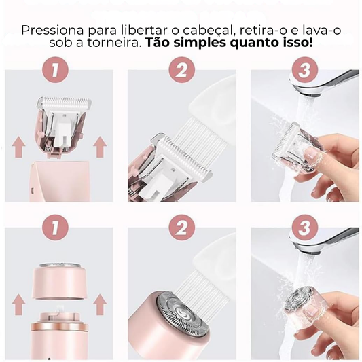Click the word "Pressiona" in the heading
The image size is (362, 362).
point(52,31)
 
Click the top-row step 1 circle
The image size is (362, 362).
point(56,69)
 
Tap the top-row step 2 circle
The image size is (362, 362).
point(182,69)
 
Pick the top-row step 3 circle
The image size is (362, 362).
point(305,69)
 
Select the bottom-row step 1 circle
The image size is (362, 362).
point(56,228)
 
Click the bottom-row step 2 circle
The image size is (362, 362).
point(182,228)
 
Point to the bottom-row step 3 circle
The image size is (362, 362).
point(305,228)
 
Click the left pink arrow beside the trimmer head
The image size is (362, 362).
point(19,147)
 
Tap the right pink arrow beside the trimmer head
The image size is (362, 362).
point(100,147)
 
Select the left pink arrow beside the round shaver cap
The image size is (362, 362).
point(19,304)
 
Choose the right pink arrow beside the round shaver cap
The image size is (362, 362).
point(100,304)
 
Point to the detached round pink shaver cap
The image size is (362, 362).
point(60,281)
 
